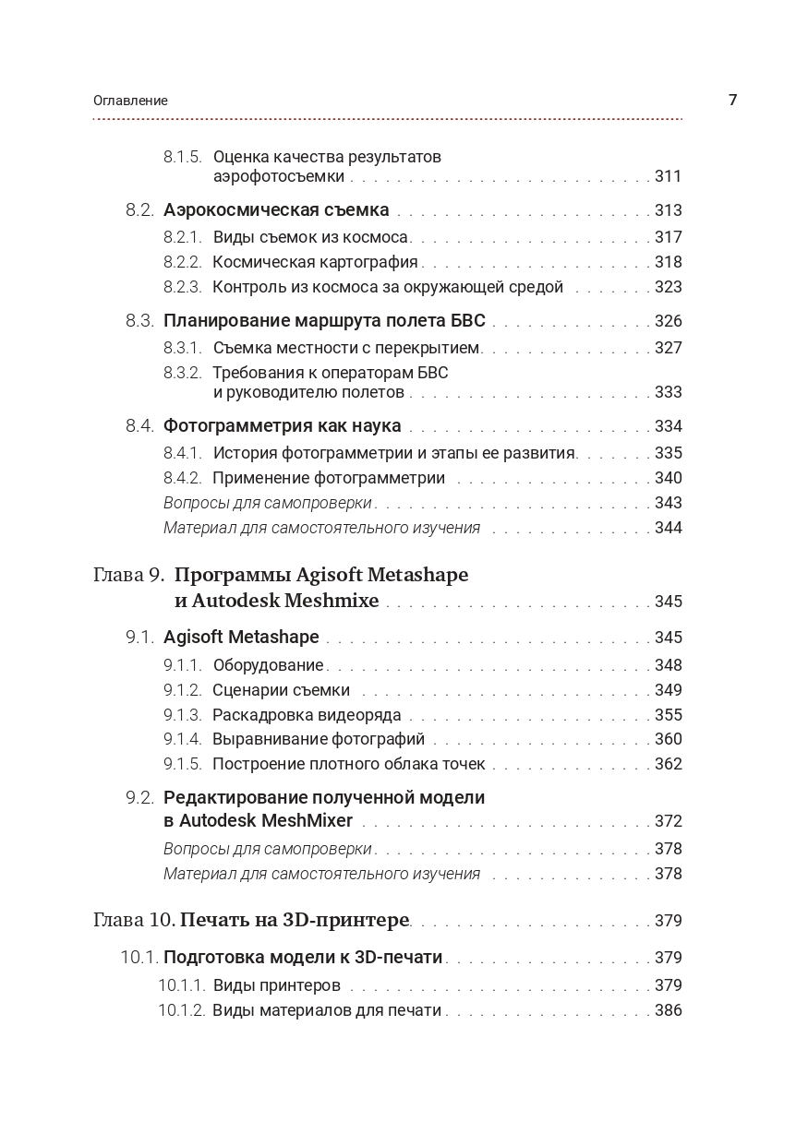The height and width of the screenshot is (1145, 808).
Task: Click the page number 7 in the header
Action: [x=732, y=100]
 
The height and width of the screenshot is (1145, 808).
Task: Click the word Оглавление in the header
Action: [x=130, y=101]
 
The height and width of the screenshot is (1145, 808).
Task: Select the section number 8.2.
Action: [x=139, y=210]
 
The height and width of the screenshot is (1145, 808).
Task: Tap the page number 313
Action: [x=668, y=210]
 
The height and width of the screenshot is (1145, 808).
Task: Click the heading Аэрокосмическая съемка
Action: [x=276, y=210]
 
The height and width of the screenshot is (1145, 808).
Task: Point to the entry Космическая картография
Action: [x=315, y=262]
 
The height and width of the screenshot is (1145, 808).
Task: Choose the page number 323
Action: [x=668, y=287]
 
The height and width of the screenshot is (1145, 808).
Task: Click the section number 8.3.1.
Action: [x=182, y=348]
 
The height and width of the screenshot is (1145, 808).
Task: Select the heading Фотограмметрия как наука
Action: [x=282, y=426]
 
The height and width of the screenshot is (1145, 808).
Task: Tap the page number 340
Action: [x=668, y=478]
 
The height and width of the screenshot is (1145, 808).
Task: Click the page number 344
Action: [x=668, y=528]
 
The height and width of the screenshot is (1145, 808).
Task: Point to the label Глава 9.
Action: [x=128, y=575]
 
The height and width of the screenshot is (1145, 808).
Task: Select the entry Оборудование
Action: [x=268, y=665]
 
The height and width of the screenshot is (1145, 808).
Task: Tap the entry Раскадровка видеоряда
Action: [x=307, y=715]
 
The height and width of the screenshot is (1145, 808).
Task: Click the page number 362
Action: [x=668, y=764]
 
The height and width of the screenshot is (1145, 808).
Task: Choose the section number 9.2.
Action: [x=139, y=797]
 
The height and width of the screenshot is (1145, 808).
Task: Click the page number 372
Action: [x=668, y=821]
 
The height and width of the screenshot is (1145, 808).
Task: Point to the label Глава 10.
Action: [x=134, y=920]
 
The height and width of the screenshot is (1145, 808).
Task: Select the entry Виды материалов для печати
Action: [x=327, y=1010]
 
